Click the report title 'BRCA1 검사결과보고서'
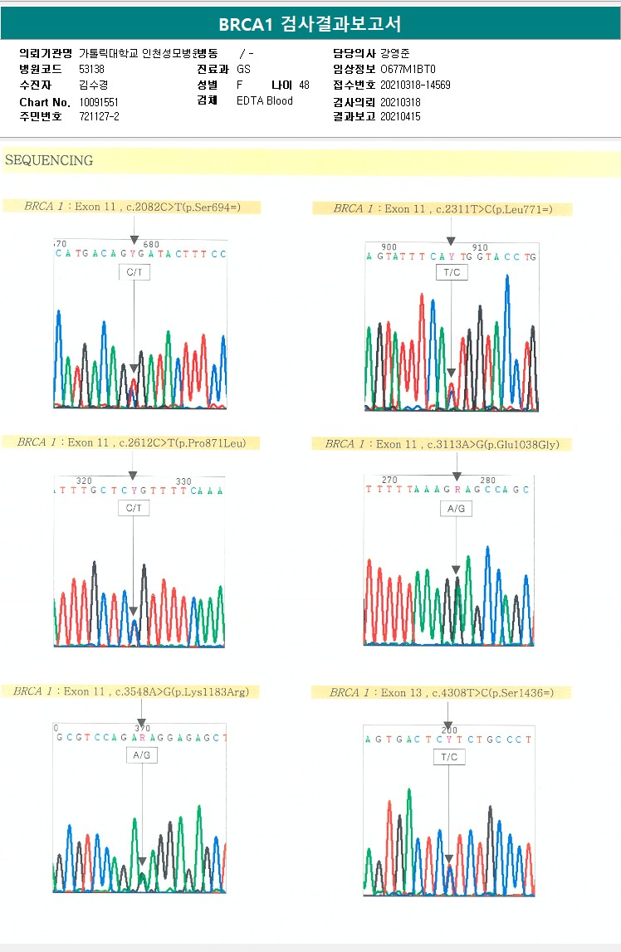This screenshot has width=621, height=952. coord(310,24)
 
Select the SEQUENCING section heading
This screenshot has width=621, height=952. coord(49,161)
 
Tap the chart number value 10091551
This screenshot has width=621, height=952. coord(99,101)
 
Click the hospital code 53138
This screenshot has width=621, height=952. coord(91,69)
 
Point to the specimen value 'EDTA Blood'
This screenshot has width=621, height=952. coord(265,101)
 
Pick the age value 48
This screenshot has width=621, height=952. coord(304,85)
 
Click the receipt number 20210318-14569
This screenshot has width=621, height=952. coord(415,85)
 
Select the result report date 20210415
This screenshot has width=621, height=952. coord(400,117)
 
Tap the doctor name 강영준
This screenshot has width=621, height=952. coord(394,53)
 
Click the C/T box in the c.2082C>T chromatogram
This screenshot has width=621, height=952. coord(134,272)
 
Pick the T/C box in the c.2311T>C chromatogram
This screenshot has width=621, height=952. coord(451,272)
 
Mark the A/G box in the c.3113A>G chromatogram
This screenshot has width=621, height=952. coord(456,508)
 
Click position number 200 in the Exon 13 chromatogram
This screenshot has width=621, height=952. coord(449,730)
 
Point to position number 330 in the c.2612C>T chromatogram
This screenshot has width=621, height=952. coord(183,481)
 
